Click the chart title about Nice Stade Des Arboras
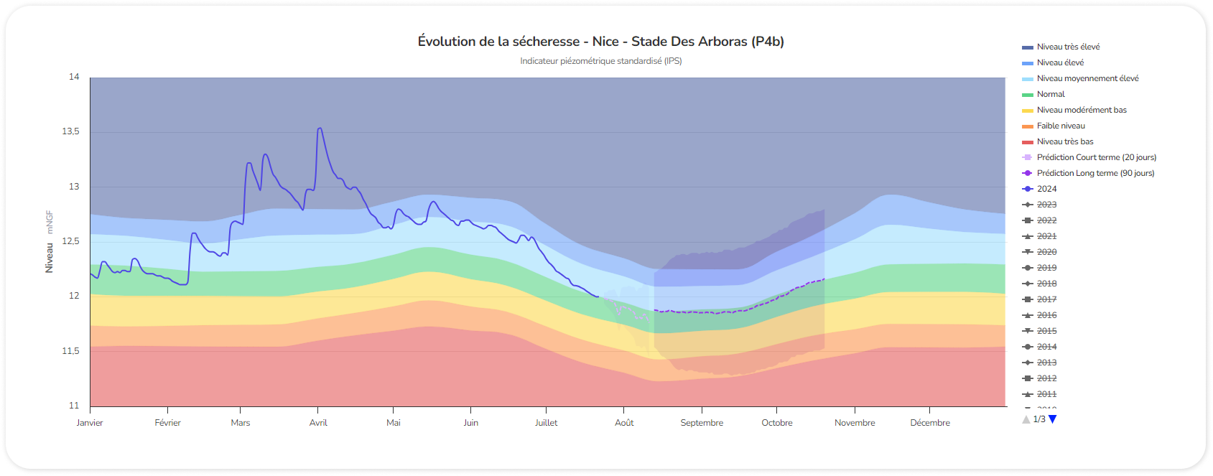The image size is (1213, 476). click(600, 42)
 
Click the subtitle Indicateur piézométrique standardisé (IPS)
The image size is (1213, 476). click(600, 61)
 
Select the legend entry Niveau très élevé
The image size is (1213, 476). click(1068, 47)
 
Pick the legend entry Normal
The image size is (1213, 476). click(1051, 94)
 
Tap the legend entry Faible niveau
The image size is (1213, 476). click(1061, 126)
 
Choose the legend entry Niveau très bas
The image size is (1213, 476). click(1065, 141)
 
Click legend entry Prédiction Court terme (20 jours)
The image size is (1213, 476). click(1096, 157)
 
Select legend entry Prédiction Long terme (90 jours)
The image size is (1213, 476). click(1095, 173)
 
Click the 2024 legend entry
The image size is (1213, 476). click(1046, 189)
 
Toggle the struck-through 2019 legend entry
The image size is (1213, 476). click(1046, 268)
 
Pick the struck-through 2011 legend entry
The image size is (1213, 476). click(1046, 394)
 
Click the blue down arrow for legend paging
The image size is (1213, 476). click(1053, 419)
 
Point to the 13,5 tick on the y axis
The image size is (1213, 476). click(70, 131)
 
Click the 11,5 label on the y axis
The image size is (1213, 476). click(70, 351)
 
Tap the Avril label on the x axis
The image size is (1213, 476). click(318, 423)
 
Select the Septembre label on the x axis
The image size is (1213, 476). click(702, 423)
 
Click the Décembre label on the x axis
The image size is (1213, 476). click(930, 423)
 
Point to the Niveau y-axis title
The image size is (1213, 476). click(50, 258)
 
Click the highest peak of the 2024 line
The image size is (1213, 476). click(320, 129)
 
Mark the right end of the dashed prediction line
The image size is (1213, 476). click(824, 279)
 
